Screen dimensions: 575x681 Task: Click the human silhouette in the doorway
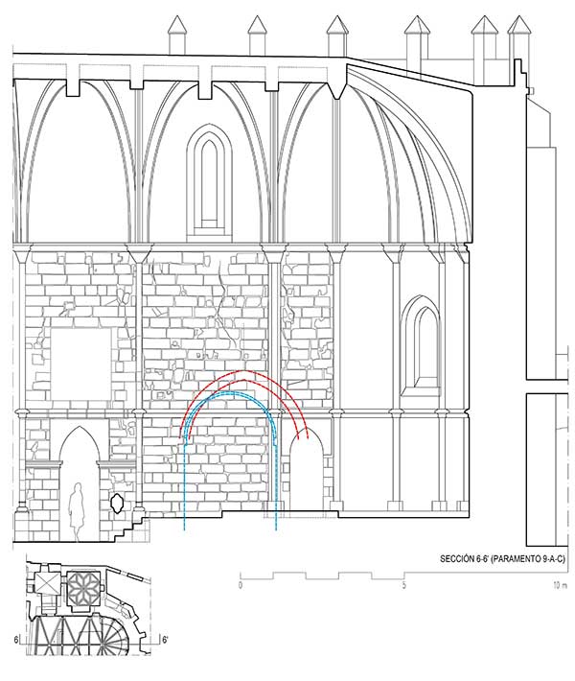(78, 511)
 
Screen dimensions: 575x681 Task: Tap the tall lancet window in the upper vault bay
(209, 182)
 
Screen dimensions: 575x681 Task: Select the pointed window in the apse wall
(421, 346)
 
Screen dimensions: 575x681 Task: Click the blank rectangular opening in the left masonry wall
(80, 364)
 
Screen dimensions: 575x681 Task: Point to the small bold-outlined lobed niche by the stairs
(117, 503)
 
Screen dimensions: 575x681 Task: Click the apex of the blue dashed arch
(230, 392)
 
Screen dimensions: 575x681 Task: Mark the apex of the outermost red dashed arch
(244, 371)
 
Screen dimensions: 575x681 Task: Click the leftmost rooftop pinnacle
(177, 35)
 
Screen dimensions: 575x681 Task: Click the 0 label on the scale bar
(241, 585)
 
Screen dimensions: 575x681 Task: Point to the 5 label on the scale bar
(403, 585)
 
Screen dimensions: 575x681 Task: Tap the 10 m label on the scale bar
(560, 585)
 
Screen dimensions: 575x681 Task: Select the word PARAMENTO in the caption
(519, 559)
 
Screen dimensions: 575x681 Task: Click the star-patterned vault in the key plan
(83, 590)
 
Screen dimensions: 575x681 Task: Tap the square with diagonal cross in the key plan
(47, 583)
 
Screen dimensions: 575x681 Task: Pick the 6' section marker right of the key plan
(165, 640)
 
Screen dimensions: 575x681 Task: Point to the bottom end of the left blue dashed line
(184, 530)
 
